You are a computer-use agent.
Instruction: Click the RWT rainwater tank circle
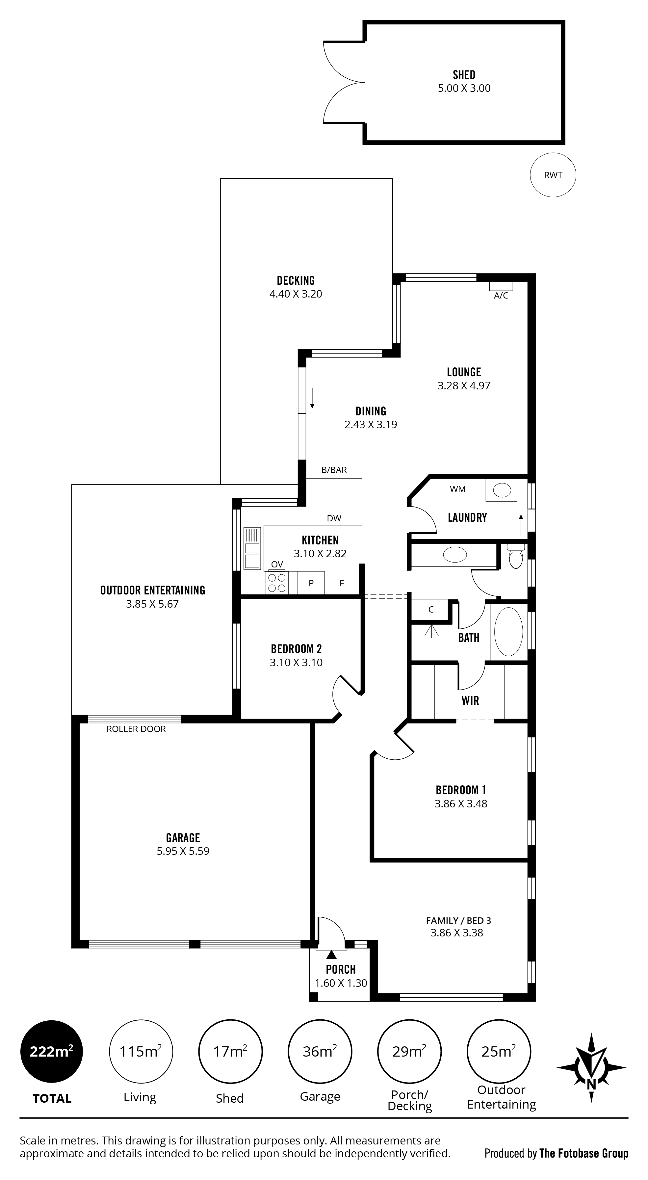[553, 175]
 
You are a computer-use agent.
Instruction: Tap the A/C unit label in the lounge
[501, 296]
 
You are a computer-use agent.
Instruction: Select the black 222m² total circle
[52, 1051]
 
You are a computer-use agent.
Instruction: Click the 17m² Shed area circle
[230, 1051]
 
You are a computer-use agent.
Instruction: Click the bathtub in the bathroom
[509, 632]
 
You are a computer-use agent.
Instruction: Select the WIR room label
[470, 700]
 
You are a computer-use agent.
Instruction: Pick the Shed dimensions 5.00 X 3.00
[464, 89]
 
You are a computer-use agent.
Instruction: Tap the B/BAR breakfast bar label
[334, 470]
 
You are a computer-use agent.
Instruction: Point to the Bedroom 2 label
[296, 649]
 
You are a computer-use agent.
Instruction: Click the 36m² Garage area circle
[320, 1051]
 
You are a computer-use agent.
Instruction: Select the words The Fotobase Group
[584, 1153]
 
